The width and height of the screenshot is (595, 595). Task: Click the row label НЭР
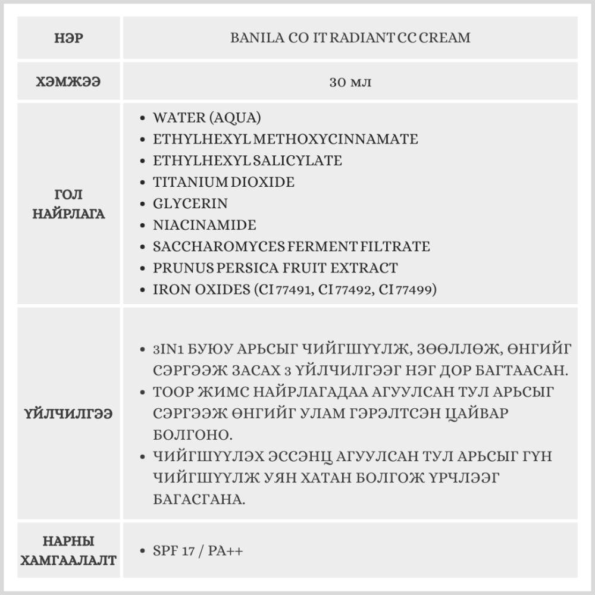pyautogui.click(x=69, y=39)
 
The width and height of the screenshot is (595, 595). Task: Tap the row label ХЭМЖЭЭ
pyautogui.click(x=69, y=82)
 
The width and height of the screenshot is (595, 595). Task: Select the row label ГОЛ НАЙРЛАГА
pyautogui.click(x=69, y=204)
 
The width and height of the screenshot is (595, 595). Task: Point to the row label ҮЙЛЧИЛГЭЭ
pyautogui.click(x=69, y=414)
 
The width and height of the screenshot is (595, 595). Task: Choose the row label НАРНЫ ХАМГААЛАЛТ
pyautogui.click(x=69, y=550)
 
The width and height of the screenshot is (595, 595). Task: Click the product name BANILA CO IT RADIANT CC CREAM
pyautogui.click(x=350, y=38)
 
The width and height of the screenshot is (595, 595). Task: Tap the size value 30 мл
pyautogui.click(x=350, y=82)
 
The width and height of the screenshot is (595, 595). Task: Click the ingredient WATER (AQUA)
pyautogui.click(x=206, y=118)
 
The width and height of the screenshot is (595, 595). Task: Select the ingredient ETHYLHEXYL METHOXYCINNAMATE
pyautogui.click(x=285, y=139)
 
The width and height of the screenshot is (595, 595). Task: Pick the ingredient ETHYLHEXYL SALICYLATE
pyautogui.click(x=247, y=161)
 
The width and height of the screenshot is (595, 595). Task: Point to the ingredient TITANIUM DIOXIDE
pyautogui.click(x=223, y=182)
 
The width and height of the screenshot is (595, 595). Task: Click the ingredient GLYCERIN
pyautogui.click(x=190, y=203)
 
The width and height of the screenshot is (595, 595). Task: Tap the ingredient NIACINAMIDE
pyautogui.click(x=204, y=225)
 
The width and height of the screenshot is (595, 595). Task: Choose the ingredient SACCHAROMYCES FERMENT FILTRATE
pyautogui.click(x=291, y=246)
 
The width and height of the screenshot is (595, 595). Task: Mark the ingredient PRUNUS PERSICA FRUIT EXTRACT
pyautogui.click(x=275, y=268)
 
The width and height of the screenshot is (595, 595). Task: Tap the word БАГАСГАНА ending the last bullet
pyautogui.click(x=199, y=499)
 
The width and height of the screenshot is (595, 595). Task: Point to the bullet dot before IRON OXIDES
pyautogui.click(x=142, y=290)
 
